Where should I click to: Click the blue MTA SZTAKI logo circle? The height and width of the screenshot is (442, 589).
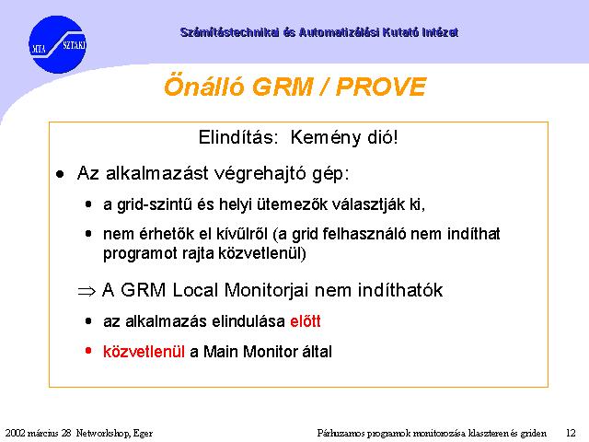click(57, 44)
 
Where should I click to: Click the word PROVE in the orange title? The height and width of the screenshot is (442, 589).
click(381, 87)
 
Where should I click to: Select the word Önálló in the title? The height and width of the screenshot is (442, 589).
click(204, 86)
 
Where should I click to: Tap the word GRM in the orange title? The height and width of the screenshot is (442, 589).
click(283, 87)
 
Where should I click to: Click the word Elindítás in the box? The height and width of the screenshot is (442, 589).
click(238, 137)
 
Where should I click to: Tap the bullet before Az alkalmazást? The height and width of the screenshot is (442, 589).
click(60, 174)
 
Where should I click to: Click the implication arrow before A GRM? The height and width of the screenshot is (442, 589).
click(87, 291)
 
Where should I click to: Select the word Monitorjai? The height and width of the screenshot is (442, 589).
click(266, 290)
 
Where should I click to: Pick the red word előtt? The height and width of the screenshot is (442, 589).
click(306, 321)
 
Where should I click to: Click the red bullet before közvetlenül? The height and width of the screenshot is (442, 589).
click(88, 351)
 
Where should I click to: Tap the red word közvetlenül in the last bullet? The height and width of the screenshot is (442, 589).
click(144, 352)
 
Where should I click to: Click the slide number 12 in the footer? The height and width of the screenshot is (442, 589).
click(571, 433)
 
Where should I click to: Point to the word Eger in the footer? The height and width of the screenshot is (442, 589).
click(144, 434)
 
